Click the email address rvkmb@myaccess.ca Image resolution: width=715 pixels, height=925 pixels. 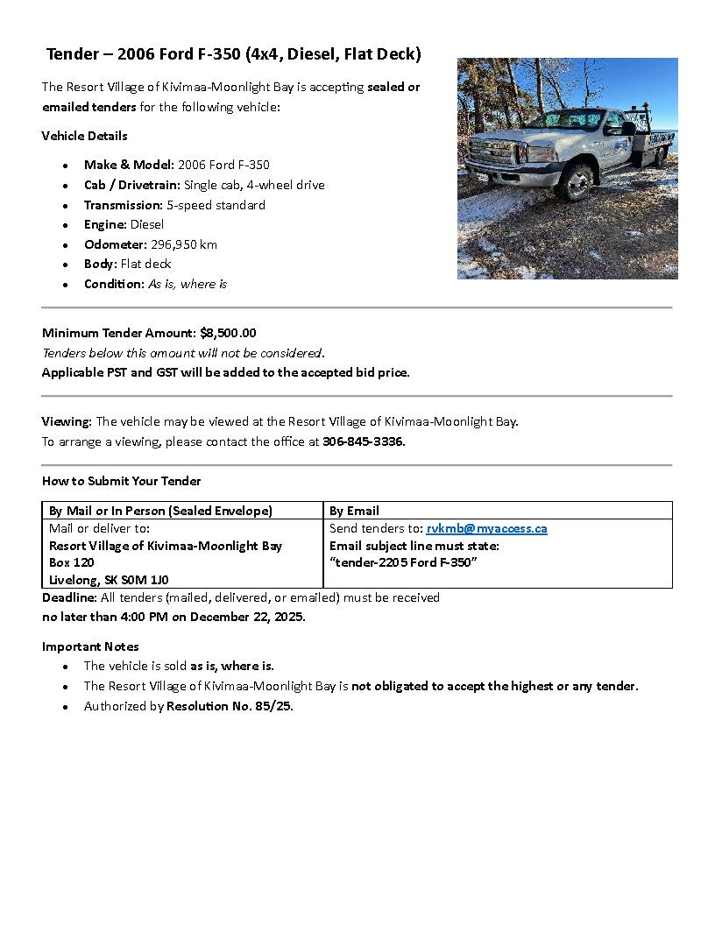click(x=486, y=528)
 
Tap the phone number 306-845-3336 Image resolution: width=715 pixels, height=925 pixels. click(x=364, y=441)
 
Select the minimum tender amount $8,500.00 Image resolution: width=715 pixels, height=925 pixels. click(x=228, y=333)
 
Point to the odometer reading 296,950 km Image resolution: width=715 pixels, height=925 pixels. click(x=184, y=244)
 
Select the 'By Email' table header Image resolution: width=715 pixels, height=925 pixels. click(x=354, y=511)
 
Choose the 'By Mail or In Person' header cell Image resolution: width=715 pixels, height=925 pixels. click(x=160, y=511)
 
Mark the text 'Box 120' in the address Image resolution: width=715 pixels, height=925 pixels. click(x=72, y=562)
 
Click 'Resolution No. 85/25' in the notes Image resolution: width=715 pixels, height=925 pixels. click(x=230, y=706)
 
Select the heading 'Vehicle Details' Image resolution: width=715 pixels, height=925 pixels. click(x=84, y=136)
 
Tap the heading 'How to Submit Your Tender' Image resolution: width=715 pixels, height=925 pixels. click(x=121, y=481)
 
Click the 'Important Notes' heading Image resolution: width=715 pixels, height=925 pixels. click(x=90, y=646)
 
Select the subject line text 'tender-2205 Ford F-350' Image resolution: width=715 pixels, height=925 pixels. click(x=403, y=562)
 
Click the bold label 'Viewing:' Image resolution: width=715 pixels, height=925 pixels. click(x=67, y=421)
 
